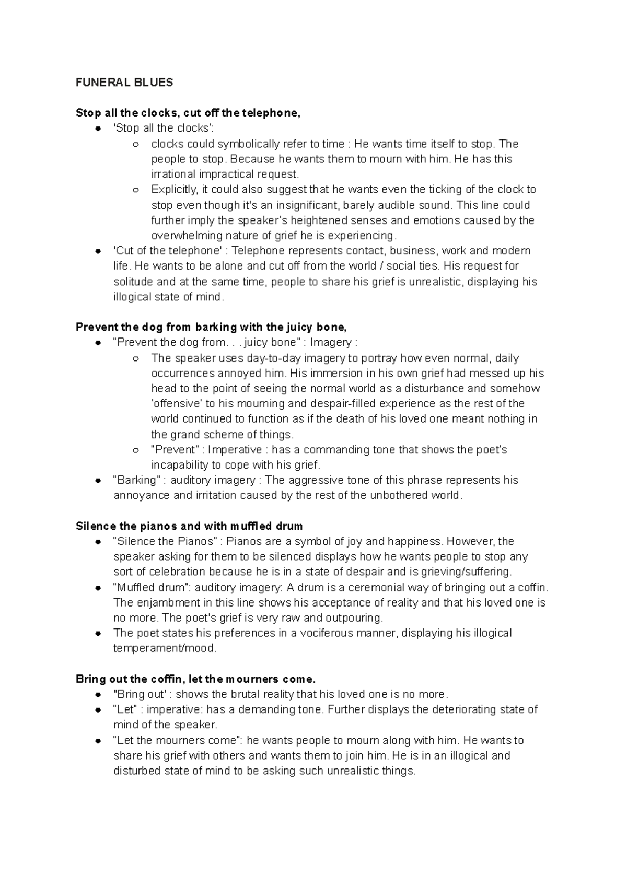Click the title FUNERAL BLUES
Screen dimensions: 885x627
click(124, 83)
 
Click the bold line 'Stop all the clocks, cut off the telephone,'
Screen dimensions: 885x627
click(188, 113)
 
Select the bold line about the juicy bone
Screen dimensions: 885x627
click(211, 327)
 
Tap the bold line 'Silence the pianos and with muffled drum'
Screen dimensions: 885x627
click(189, 526)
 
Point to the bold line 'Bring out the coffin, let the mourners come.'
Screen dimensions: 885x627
click(196, 679)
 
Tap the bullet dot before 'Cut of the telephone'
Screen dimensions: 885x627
click(98, 251)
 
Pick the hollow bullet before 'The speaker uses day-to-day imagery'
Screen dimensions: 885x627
click(136, 359)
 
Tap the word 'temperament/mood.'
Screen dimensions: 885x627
click(165, 648)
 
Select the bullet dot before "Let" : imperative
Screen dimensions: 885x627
click(98, 710)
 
